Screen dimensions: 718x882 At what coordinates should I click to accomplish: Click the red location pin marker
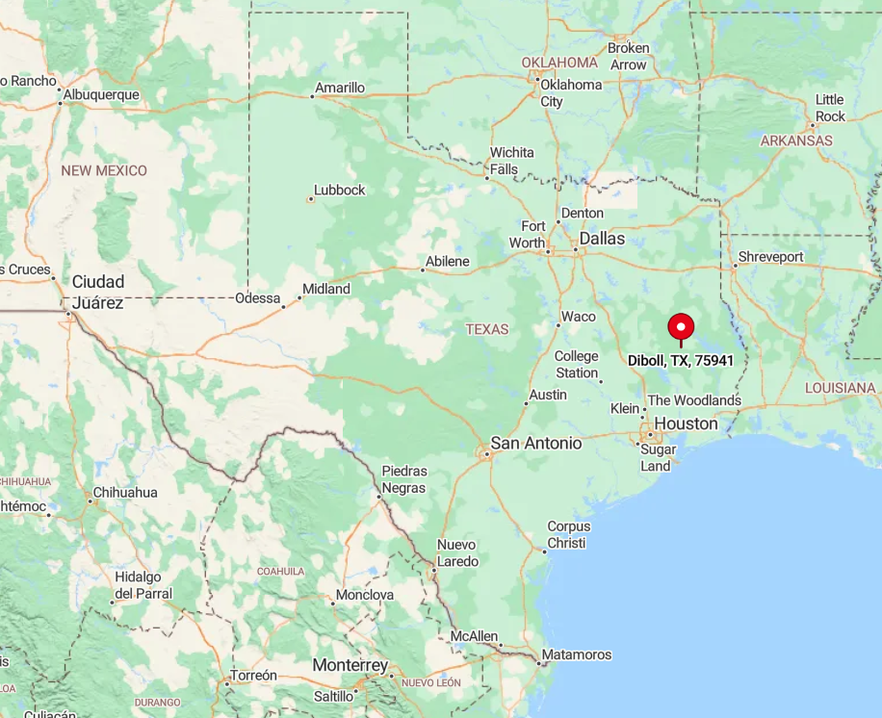[x=681, y=326]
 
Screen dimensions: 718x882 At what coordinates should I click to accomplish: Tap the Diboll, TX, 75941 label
[x=681, y=361]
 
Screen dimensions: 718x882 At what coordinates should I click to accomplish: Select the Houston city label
[x=686, y=423]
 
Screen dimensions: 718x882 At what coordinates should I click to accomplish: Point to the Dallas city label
[x=602, y=238]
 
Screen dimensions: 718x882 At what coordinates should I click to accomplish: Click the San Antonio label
[x=536, y=443]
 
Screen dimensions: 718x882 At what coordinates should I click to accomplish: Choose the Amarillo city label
[x=340, y=88]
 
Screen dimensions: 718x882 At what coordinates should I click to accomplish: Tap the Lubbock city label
[x=340, y=191]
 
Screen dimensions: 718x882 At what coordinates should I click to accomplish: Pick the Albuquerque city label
[x=101, y=94]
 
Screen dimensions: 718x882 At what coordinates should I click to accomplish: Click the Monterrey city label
[x=350, y=665]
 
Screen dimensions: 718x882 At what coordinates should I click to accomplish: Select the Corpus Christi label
[x=567, y=534]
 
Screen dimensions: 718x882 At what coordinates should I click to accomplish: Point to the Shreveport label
[x=769, y=257]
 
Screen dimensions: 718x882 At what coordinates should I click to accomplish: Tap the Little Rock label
[x=830, y=108]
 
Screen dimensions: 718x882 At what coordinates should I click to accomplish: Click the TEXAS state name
[x=487, y=329]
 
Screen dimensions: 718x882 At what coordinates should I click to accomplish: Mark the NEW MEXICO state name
[x=104, y=170]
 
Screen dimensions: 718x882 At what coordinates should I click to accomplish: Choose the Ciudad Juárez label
[x=98, y=292]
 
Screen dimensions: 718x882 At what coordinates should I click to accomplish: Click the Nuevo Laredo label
[x=456, y=552]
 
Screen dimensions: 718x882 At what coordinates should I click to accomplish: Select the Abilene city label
[x=448, y=261]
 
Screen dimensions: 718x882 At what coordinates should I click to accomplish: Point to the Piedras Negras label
[x=404, y=479]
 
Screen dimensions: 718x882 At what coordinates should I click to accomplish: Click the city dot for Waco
[x=558, y=324]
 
